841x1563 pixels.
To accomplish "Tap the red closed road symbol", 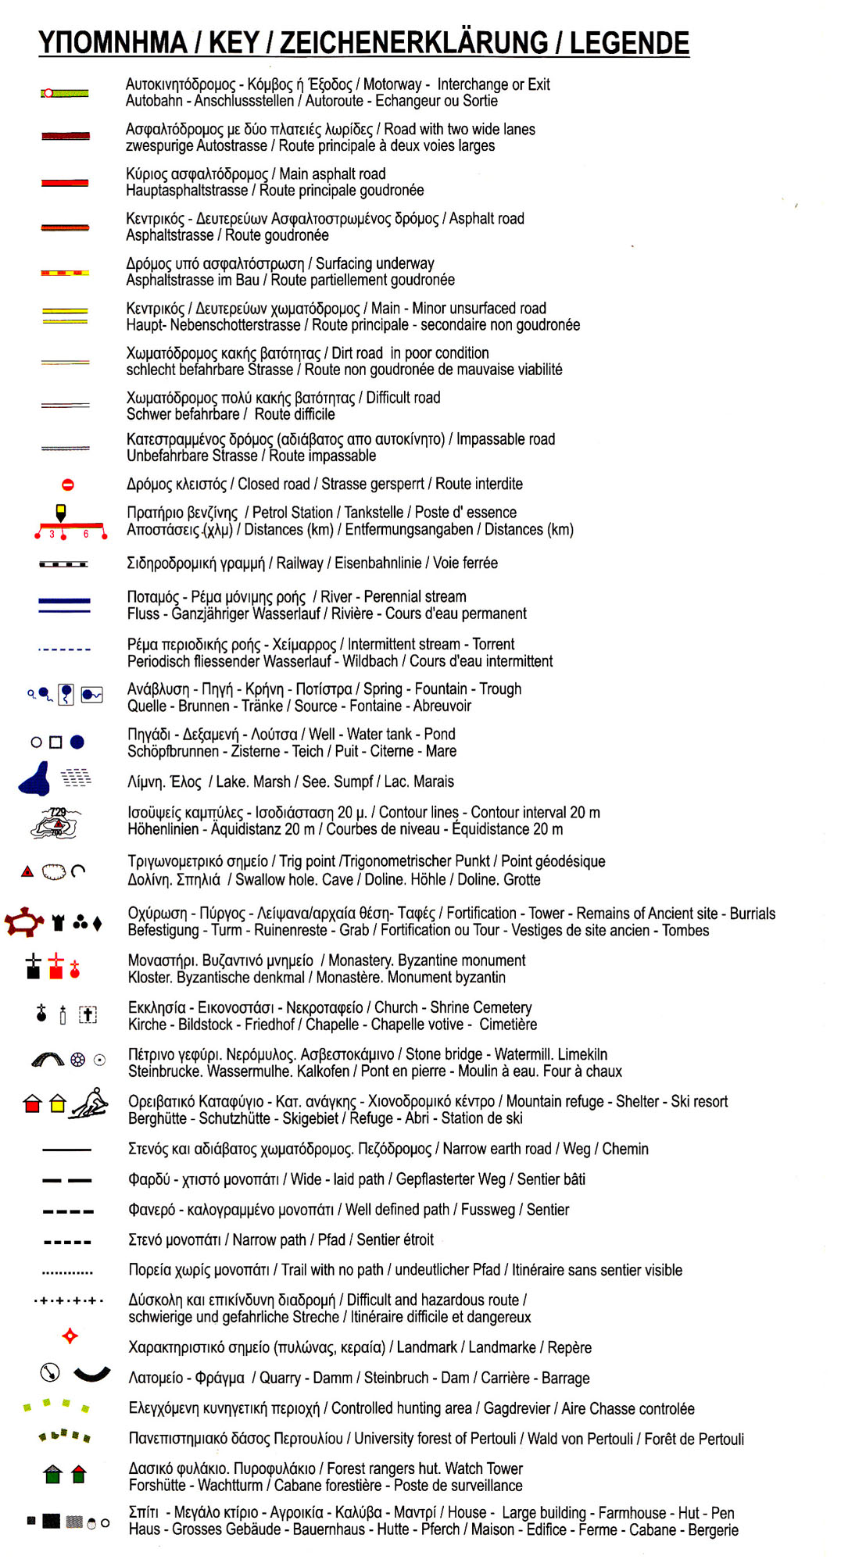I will click(68, 485).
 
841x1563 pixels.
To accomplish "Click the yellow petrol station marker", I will click(61, 512).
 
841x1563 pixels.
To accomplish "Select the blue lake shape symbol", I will click(36, 779).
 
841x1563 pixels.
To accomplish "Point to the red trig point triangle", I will click(27, 871).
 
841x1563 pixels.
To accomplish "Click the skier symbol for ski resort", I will click(90, 1103).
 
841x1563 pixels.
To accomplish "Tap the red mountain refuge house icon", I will click(32, 1103).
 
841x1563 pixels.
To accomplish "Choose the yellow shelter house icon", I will click(57, 1103).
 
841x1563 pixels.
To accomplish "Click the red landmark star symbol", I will click(70, 1336).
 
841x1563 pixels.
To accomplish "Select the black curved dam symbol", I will click(91, 1375).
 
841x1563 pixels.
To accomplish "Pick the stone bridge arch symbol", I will click(48, 1060).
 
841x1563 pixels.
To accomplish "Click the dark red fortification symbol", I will click(24, 921).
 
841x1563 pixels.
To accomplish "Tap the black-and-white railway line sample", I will click(63, 563).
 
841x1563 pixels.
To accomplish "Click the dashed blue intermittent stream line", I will click(64, 649).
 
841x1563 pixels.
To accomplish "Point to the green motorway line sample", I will click(65, 93).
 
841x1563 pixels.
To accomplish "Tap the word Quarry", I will click(279, 1378).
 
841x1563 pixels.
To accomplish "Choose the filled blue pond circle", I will click(77, 742).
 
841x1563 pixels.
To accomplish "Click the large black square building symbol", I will click(51, 1521).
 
